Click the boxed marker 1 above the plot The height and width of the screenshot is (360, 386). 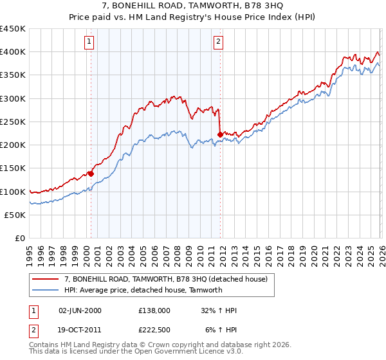89,42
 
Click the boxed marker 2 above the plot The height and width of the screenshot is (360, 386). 219,42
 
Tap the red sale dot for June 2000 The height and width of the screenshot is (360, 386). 91,174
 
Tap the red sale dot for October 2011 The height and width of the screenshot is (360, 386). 220,134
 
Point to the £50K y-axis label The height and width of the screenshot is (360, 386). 15,215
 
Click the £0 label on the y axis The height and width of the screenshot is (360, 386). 20,239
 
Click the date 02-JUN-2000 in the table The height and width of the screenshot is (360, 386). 80,310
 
